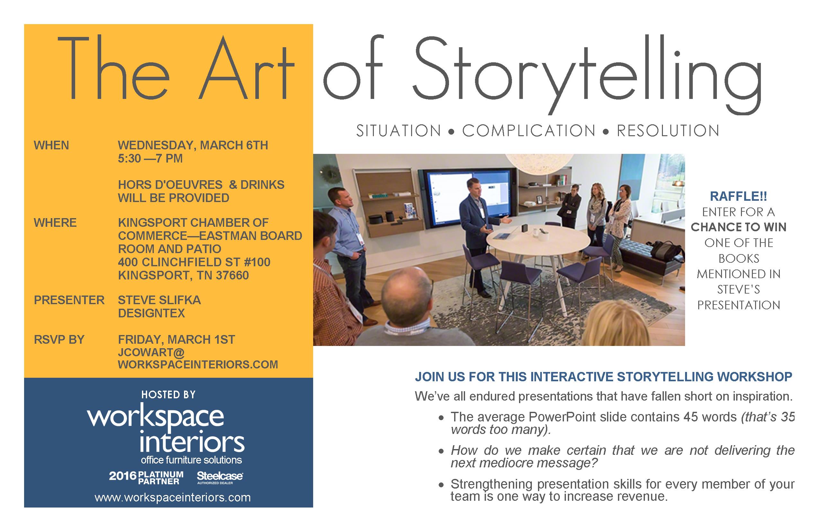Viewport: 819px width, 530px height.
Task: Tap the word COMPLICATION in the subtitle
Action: click(529, 131)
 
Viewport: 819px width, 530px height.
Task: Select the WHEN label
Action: click(51, 146)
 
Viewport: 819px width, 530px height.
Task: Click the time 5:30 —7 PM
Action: click(150, 159)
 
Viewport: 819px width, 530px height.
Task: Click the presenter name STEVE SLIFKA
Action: click(159, 300)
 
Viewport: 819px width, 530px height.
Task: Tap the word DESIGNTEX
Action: click(151, 314)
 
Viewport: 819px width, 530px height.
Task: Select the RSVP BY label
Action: click(59, 340)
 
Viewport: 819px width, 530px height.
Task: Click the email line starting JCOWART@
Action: click(151, 352)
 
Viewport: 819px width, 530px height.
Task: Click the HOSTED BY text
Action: click(168, 395)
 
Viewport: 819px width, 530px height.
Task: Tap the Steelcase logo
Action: click(220, 477)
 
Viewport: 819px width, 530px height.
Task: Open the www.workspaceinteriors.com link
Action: click(173, 498)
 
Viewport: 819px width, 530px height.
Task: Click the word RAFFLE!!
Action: click(738, 197)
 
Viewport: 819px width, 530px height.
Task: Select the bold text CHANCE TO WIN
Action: click(738, 227)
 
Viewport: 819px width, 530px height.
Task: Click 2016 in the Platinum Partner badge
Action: click(122, 476)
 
